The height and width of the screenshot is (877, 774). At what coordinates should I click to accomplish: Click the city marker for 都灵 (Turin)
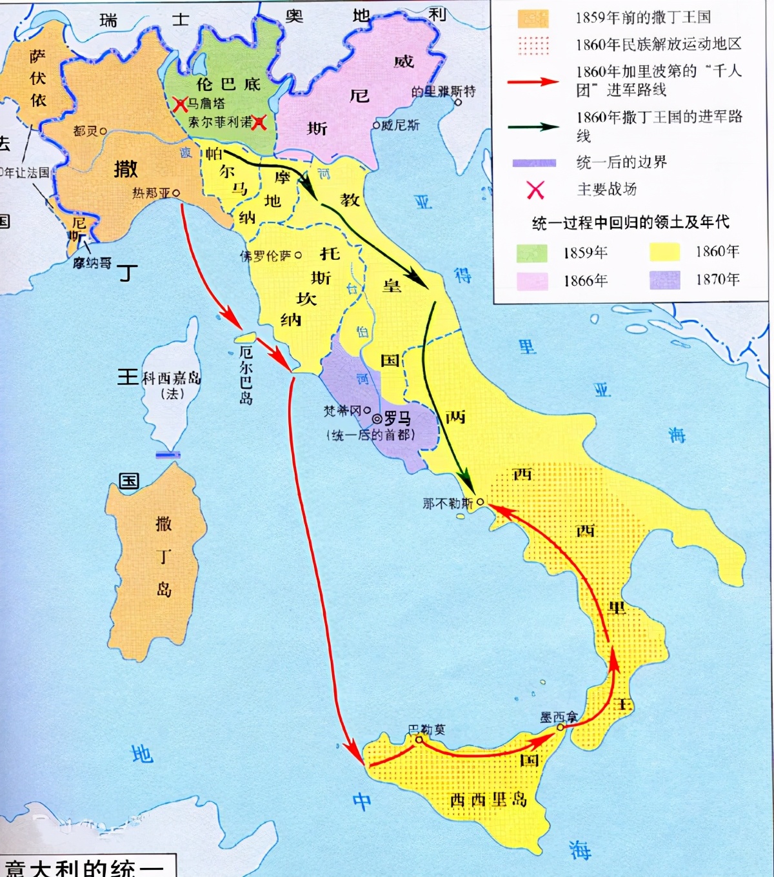click(x=103, y=131)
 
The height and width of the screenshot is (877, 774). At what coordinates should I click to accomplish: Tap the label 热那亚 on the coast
click(x=152, y=193)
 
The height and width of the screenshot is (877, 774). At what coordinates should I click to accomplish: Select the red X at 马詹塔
click(x=181, y=104)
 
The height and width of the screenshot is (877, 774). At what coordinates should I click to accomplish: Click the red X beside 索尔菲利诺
click(x=259, y=122)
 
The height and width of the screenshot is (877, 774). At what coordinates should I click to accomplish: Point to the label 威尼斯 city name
click(x=400, y=125)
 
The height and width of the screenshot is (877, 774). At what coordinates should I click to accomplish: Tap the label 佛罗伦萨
click(x=266, y=256)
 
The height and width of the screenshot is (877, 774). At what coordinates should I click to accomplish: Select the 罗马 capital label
click(x=397, y=418)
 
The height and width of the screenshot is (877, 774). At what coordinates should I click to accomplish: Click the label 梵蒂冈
click(x=342, y=410)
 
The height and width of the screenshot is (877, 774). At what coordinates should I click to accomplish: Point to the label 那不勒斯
click(x=448, y=504)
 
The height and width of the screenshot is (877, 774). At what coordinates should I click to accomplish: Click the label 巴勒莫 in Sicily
click(x=426, y=729)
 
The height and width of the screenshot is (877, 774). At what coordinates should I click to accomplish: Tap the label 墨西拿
click(x=559, y=717)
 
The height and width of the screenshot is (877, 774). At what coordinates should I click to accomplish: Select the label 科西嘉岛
click(x=172, y=379)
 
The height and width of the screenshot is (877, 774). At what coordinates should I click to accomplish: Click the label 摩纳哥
click(x=92, y=263)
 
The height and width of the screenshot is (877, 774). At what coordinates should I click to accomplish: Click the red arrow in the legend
click(x=533, y=82)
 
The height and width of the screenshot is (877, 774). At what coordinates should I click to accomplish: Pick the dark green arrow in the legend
click(x=533, y=126)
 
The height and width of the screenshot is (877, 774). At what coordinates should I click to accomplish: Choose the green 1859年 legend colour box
click(x=532, y=253)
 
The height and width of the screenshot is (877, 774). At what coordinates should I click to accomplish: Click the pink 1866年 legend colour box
click(x=532, y=281)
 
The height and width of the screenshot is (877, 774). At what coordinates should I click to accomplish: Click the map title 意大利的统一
click(x=84, y=867)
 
